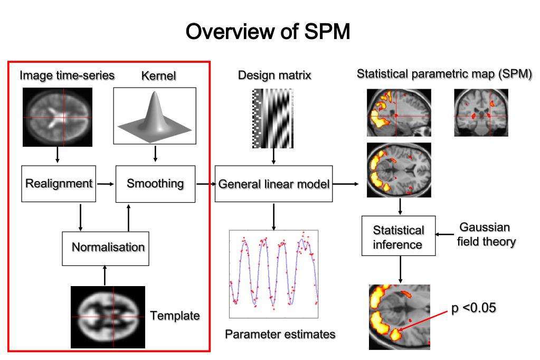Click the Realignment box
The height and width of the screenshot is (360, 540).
click(x=59, y=184)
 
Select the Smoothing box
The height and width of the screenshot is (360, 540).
click(x=155, y=184)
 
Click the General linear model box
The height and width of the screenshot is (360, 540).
click(x=273, y=184)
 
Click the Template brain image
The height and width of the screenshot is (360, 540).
click(x=108, y=317)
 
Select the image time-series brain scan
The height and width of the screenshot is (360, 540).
click(x=57, y=116)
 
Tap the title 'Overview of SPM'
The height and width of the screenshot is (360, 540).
click(x=269, y=32)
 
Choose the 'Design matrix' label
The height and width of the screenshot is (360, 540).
click(x=274, y=75)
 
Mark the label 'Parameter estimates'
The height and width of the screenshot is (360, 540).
click(x=280, y=334)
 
